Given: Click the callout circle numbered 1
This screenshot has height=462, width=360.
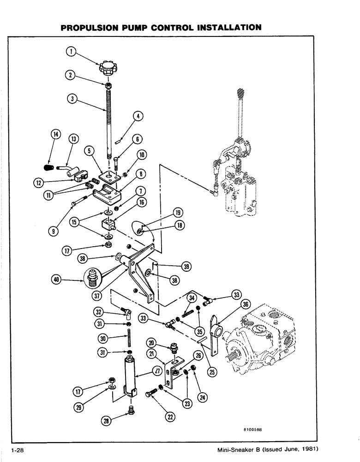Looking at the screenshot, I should click(71, 52).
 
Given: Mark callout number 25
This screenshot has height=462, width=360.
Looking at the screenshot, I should click(212, 371).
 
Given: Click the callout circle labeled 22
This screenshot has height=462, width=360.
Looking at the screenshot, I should click(170, 417).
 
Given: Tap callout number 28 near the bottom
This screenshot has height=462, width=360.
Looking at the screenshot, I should click(106, 421).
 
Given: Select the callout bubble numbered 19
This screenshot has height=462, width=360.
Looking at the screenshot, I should click(178, 213).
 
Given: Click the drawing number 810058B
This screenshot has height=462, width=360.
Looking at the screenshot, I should click(252, 429).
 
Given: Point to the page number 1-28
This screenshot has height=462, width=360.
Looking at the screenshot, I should click(18, 450).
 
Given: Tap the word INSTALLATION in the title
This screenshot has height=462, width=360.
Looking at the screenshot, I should click(226, 28).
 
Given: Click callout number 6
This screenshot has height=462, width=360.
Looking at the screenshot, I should click(137, 138).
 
